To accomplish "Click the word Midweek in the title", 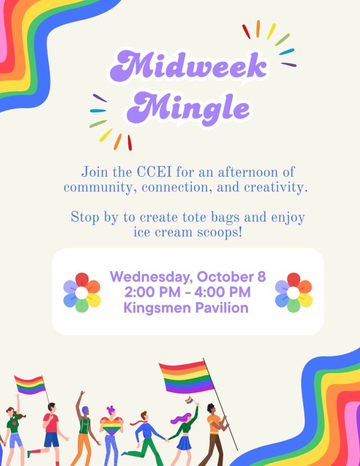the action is pos(188,66).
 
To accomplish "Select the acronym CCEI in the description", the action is pos(154,172).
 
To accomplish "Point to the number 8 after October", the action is pos(262,277).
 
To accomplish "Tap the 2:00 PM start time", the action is pos(152,292).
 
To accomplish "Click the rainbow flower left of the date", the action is pos(82,293).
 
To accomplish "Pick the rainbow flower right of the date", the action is pos(294,293).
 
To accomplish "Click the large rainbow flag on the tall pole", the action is pos(186,377).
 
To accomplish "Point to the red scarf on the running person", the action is pos(138,422).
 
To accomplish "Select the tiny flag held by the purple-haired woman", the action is pos(189,400).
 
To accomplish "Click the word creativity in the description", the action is pos(276,188).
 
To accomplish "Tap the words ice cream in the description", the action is pos(163,232).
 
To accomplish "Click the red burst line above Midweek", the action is pos(246,32).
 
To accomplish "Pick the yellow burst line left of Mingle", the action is pos(106,135).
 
